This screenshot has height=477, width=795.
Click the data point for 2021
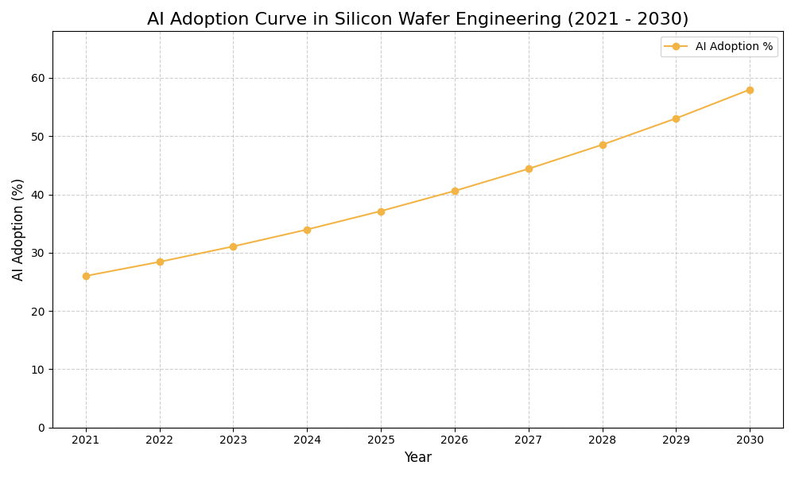pyautogui.click(x=86, y=276)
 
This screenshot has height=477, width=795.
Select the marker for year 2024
pyautogui.click(x=307, y=230)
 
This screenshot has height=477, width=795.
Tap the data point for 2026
pyautogui.click(x=455, y=191)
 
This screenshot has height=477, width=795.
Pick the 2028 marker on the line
pyautogui.click(x=603, y=145)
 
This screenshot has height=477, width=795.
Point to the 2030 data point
pyautogui.click(x=750, y=90)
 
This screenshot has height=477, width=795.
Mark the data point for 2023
pyautogui.click(x=233, y=246)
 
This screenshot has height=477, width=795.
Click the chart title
pyautogui.click(x=417, y=19)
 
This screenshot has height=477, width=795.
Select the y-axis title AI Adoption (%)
pyautogui.click(x=18, y=229)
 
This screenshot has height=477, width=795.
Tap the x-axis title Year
pyautogui.click(x=417, y=458)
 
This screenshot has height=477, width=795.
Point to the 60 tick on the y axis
pyautogui.click(x=38, y=78)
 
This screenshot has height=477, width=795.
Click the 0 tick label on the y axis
pyautogui.click(x=41, y=428)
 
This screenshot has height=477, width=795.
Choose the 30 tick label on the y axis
pyautogui.click(x=38, y=253)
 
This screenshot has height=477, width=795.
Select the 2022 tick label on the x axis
pyautogui.click(x=160, y=440)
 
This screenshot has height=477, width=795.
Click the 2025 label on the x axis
pyautogui.click(x=381, y=440)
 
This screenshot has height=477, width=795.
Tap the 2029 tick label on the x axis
pyautogui.click(x=676, y=440)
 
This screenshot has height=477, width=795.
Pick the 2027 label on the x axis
pyautogui.click(x=529, y=440)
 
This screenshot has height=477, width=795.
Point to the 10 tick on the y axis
pyautogui.click(x=38, y=370)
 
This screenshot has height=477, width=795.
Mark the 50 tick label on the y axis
pyautogui.click(x=38, y=137)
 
